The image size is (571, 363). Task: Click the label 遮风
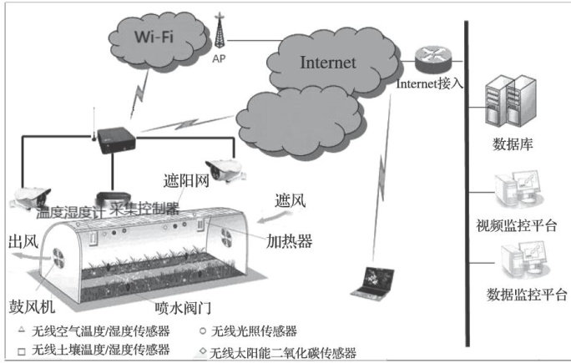290,203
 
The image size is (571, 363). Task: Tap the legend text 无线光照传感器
255,331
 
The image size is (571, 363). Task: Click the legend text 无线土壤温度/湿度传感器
99,350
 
